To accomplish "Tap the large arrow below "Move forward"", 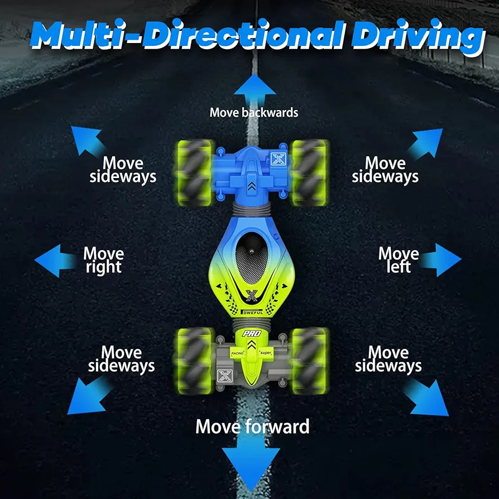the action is (251, 464).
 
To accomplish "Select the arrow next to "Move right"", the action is (55, 261).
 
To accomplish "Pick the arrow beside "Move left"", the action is (442, 260).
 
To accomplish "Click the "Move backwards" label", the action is (253, 113).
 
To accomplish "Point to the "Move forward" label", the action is (252, 426).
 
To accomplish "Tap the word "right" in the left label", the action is (103, 267).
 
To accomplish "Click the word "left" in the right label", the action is (399, 266).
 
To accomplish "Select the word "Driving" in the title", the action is (418, 37).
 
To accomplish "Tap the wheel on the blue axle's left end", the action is (194, 173).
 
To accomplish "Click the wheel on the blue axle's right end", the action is (310, 173).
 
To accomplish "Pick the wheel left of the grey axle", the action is (194, 361).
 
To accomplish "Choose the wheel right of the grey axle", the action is (310, 361).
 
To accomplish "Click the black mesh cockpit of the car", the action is (251, 258).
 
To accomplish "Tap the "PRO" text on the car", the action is (252, 334).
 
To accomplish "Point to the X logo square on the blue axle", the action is (278, 159).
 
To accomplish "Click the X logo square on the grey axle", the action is (225, 376).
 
